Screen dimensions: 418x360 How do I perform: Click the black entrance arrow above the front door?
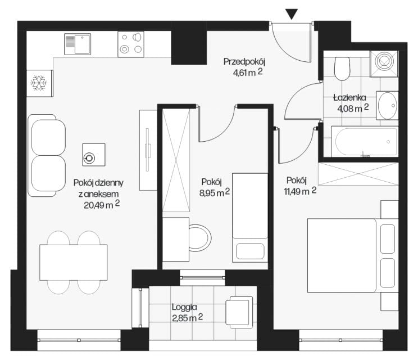coord(292,14)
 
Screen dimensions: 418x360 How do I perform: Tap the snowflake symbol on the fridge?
coord(39,83)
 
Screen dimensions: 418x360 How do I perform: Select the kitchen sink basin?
coord(83,44)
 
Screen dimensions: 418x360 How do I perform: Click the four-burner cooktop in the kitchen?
coord(130,44)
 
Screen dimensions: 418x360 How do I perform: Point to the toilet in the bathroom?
coord(342,68)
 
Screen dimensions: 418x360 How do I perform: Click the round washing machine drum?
coord(384,61)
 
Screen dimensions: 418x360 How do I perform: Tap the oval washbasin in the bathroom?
coord(388,106)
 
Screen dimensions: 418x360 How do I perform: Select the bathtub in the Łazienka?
coord(365,141)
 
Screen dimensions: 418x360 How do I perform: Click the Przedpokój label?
coord(244,62)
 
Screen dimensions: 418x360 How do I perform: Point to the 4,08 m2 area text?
coord(353,108)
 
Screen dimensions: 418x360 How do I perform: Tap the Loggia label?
coord(184,307)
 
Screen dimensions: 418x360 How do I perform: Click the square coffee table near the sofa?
coord(94,155)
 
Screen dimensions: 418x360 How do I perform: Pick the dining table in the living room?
coord(74,262)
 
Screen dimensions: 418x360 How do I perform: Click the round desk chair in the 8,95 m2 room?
coord(200,238)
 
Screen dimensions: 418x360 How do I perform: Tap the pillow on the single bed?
coord(250,251)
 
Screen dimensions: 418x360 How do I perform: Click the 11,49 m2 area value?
coord(300,191)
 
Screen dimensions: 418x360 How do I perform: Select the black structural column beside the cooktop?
coord(189,43)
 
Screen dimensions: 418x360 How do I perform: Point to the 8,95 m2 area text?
coord(214,192)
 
